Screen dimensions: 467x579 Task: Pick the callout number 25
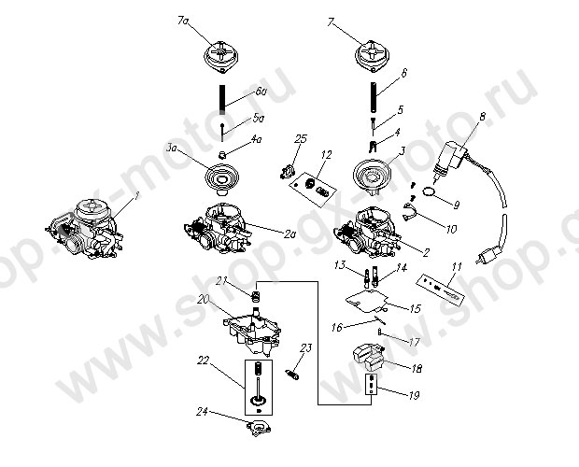point(299,140)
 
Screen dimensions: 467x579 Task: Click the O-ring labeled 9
point(428,191)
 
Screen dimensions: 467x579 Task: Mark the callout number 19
point(412,396)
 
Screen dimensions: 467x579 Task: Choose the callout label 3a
point(171,149)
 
